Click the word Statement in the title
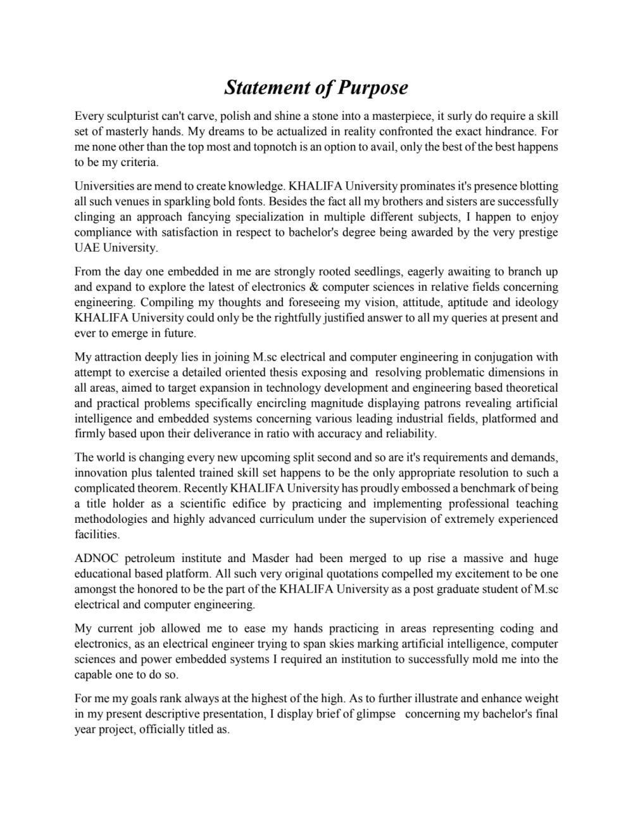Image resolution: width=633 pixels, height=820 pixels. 265,87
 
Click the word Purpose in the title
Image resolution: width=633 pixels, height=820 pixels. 372,87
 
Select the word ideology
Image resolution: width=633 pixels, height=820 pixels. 536,302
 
